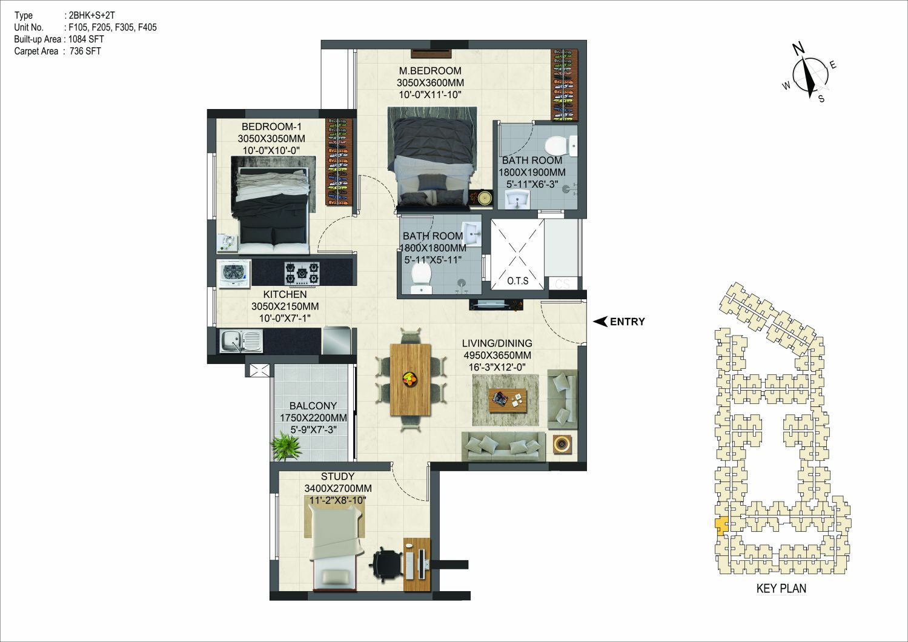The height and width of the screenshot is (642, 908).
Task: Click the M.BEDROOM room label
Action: pyautogui.click(x=430, y=70)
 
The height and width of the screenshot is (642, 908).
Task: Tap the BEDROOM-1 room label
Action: pyautogui.click(x=271, y=127)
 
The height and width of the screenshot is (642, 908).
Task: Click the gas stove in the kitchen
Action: pyautogui.click(x=302, y=273)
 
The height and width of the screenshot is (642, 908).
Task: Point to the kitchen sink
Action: pyautogui.click(x=241, y=340)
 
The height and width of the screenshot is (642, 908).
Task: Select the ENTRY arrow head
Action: pyautogui.click(x=600, y=322)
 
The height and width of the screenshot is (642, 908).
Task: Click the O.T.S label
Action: pyautogui.click(x=518, y=280)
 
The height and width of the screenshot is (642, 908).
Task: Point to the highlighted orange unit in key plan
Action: pyautogui.click(x=720, y=528)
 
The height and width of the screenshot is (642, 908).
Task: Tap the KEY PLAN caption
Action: pyautogui.click(x=781, y=589)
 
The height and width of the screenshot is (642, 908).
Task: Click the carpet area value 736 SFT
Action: pyautogui.click(x=85, y=51)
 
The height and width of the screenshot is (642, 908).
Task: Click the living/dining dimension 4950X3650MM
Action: pyautogui.click(x=497, y=356)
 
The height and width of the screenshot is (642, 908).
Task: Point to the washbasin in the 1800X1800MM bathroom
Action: pyautogui.click(x=471, y=233)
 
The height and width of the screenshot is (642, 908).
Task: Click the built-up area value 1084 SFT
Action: pyautogui.click(x=87, y=39)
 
